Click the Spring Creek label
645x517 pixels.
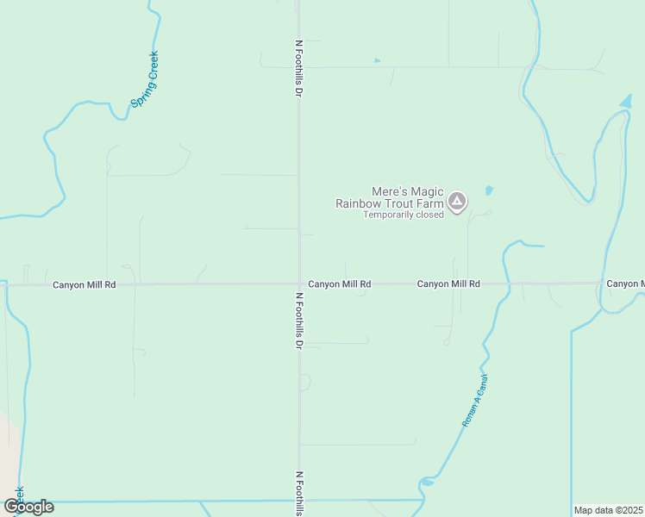pos(145,79)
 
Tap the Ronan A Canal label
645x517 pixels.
pos(475,402)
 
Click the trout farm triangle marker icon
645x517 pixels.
pos(457,202)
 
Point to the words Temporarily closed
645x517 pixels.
pos(403,215)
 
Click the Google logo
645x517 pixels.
pos(28,506)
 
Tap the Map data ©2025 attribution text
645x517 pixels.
pos(609,510)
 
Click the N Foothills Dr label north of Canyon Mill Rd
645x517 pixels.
pos(298,66)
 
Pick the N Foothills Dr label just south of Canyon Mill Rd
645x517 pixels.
pos(298,320)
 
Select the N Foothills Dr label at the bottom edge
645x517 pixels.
pos(298,493)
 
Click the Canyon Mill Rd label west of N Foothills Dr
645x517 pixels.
pos(84,284)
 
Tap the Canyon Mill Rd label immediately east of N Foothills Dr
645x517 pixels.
pos(340,283)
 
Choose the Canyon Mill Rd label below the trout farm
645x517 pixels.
pos(448,283)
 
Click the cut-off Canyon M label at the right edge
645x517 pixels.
pos(625,283)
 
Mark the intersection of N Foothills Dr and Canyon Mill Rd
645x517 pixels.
pos(299,283)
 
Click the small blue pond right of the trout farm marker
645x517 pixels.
pos(489,190)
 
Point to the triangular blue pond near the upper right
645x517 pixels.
pos(625,103)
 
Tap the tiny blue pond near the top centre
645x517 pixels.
pos(377,60)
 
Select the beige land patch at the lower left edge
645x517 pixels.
pos(7,448)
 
